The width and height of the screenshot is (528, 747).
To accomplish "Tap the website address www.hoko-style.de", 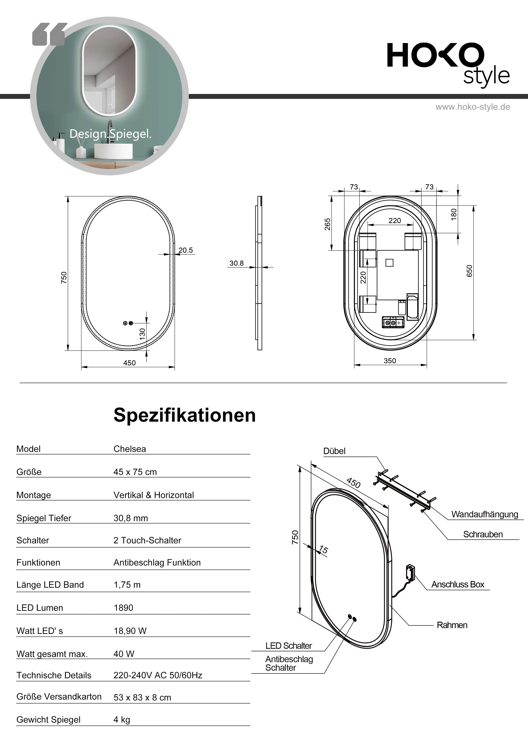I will click(473, 107).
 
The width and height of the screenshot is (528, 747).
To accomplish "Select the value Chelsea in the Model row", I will click(130, 449).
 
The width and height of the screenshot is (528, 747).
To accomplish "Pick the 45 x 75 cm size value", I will click(135, 472).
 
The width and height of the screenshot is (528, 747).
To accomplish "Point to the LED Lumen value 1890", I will click(123, 608).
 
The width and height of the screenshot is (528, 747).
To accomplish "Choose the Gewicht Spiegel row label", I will click(48, 720).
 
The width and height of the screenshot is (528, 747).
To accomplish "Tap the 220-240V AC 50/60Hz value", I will click(158, 675).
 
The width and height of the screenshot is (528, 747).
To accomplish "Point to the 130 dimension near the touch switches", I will click(142, 334).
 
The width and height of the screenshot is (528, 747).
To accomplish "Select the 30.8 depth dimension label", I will click(237, 263).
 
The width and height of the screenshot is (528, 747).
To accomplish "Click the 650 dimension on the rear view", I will click(469, 271).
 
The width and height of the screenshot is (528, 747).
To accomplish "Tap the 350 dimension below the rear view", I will click(390, 361).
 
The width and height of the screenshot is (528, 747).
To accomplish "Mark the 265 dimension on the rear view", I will click(327, 224).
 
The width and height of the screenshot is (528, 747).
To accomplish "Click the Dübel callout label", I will click(334, 451).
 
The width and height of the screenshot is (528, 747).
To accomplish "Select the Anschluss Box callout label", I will click(458, 584).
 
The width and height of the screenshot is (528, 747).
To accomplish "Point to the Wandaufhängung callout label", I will click(484, 514).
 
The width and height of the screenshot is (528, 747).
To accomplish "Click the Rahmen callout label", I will click(452, 625).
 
